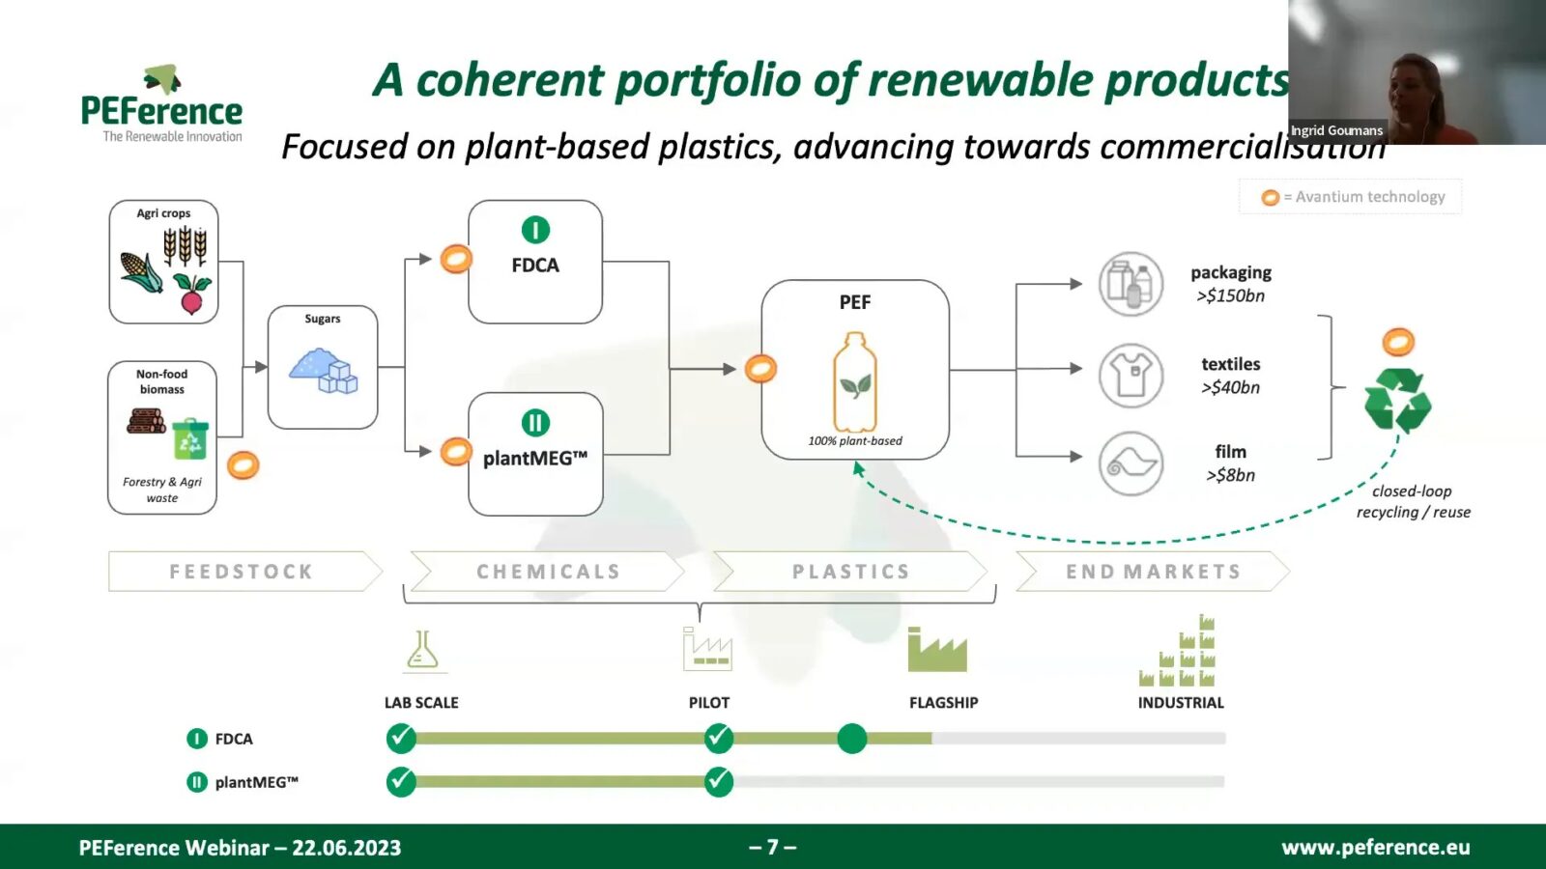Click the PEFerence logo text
tap(161, 111)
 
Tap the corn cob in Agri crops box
tap(142, 271)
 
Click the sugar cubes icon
tap(325, 371)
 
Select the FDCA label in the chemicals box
tap(535, 265)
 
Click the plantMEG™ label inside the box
tap(535, 458)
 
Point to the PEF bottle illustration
tap(855, 381)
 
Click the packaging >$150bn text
tap(1230, 284)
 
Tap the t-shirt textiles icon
tap(1131, 375)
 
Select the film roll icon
tap(1131, 463)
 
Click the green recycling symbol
tap(1397, 400)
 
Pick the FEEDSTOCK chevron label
tap(242, 572)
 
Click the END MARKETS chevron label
tap(1153, 572)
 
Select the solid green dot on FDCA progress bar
tap(851, 739)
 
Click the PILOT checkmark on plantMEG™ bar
tap(718, 781)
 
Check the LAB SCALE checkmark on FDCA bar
tap(401, 739)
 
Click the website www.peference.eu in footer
tap(1375, 847)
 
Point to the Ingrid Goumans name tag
tap(1336, 130)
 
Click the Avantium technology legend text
tap(1369, 197)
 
